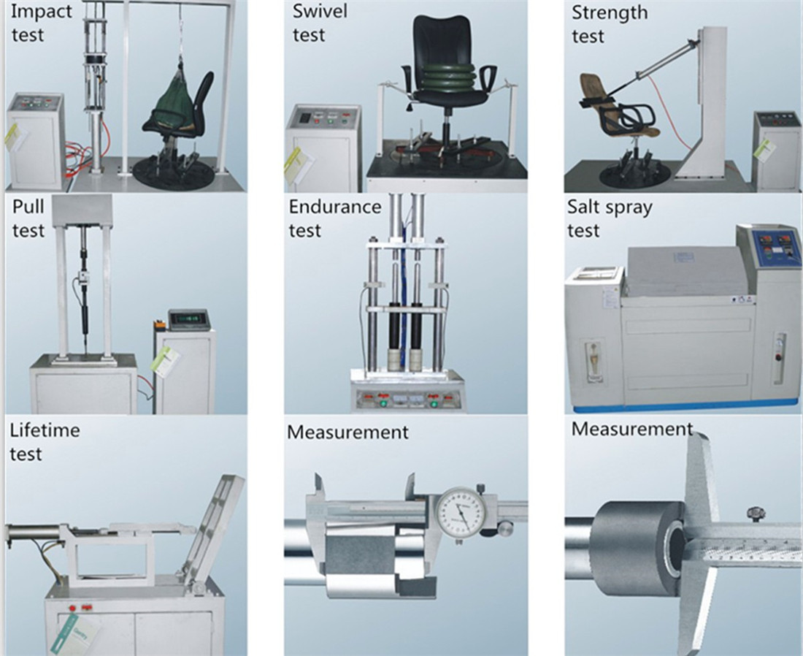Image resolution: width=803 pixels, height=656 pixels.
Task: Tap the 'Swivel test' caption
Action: click(x=318, y=23)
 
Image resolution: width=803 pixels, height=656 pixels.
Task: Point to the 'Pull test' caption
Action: click(x=28, y=218)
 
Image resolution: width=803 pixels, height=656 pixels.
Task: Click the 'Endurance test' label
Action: click(x=334, y=218)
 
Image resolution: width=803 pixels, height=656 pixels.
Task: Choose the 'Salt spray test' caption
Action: click(x=609, y=218)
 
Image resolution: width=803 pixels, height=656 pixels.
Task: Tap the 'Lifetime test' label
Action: click(x=44, y=441)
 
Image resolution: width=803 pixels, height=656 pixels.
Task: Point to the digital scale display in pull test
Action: click(x=188, y=319)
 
